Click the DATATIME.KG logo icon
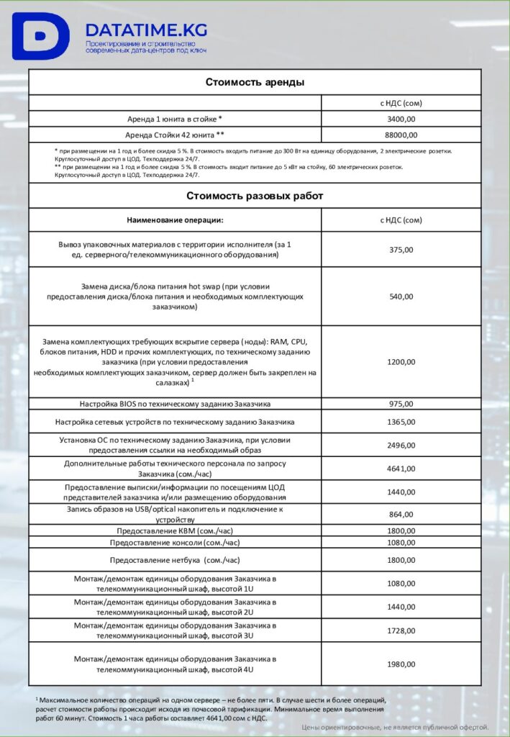40,36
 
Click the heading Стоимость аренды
255,82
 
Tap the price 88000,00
401,135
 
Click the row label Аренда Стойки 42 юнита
175,135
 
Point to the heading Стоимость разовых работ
255,196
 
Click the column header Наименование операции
175,220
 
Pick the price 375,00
401,250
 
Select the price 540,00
401,297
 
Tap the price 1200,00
401,362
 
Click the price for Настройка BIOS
401,404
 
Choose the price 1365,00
401,422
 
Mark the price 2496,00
401,445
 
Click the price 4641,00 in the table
401,469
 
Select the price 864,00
401,515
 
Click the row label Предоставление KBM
175,531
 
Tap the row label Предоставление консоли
175,542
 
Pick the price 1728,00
401,630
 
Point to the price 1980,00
401,664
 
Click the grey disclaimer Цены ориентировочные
395,727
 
